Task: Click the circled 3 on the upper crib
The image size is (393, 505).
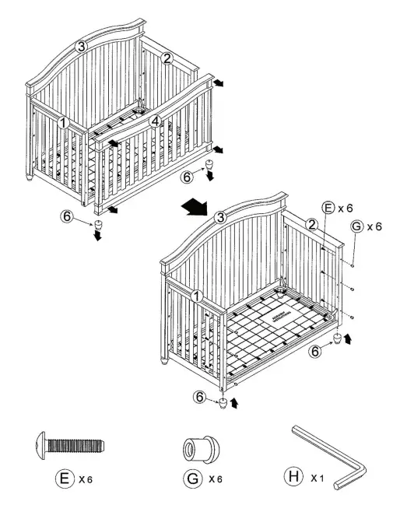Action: click(81, 47)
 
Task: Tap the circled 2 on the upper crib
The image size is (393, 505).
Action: click(167, 58)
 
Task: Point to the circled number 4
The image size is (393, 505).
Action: click(155, 121)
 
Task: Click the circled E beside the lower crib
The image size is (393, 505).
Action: click(328, 208)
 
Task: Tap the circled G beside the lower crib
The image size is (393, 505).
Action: click(356, 226)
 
